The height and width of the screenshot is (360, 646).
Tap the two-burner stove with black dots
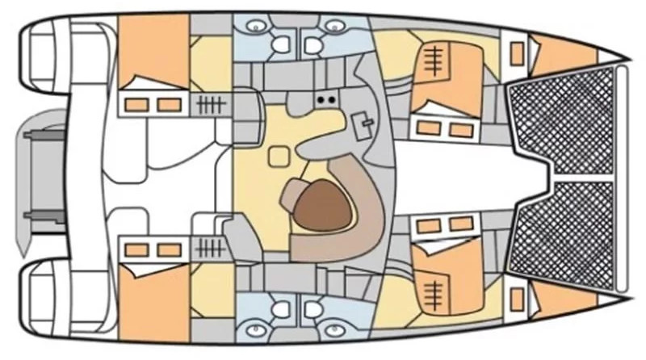(x=325, y=99)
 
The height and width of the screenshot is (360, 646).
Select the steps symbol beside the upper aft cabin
(x=208, y=104)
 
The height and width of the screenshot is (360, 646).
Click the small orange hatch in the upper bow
(x=515, y=53)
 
